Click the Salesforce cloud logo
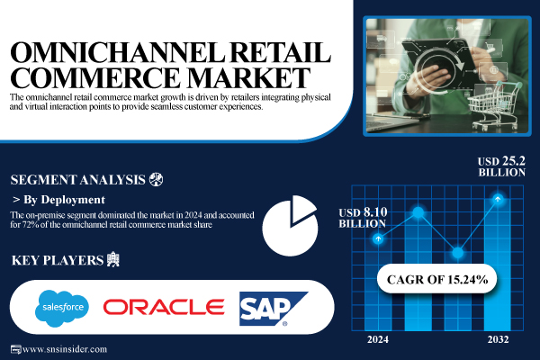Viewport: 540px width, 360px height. point(62,308)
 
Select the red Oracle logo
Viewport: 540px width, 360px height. point(163,308)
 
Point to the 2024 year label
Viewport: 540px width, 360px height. point(379,340)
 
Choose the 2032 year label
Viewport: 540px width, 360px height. point(498,340)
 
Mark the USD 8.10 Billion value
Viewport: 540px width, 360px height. point(364,217)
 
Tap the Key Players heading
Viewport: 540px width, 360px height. point(55,261)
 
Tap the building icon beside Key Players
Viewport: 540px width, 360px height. point(112,260)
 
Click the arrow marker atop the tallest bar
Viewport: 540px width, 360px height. point(498,198)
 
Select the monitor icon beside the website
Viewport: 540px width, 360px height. point(13,349)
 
